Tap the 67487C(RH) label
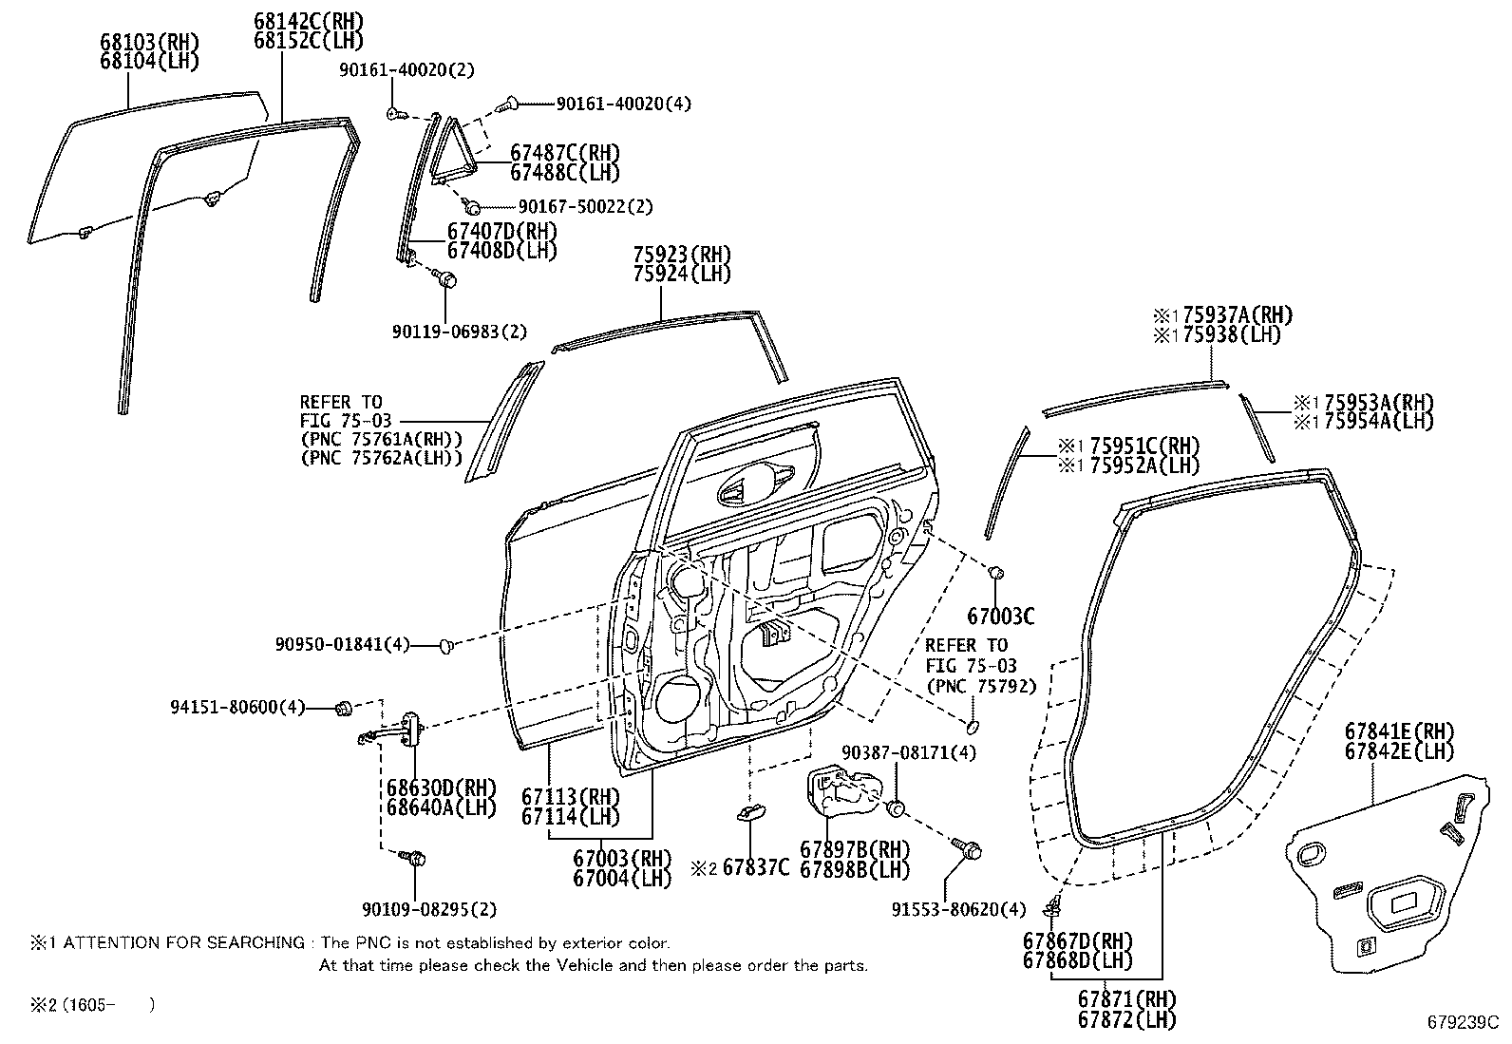[564, 152]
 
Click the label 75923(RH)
[681, 254]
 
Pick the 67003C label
[1001, 617]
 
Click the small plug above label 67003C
[996, 573]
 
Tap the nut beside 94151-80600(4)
[345, 707]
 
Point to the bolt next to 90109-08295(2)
[415, 858]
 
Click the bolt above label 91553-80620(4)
[969, 848]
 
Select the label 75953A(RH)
[1378, 402]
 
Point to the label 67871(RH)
[1126, 998]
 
